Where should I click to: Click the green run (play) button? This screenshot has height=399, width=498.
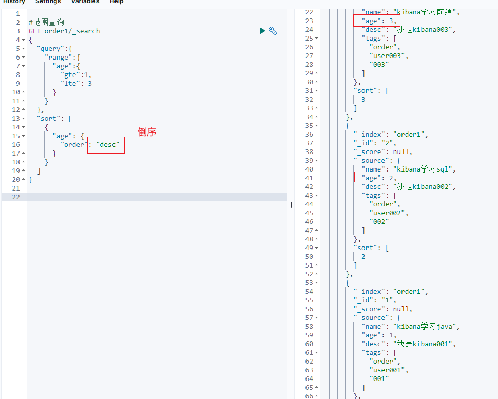click(x=262, y=31)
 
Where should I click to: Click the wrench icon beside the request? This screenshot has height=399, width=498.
click(x=273, y=31)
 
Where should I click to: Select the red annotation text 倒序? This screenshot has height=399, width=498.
click(x=147, y=132)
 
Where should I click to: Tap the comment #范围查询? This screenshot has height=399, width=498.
click(x=46, y=23)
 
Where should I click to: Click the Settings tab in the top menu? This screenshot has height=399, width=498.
click(x=48, y=2)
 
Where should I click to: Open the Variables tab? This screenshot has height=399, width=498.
click(x=85, y=2)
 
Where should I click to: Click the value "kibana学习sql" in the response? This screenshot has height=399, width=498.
click(x=425, y=169)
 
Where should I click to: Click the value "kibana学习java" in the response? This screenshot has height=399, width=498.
click(x=427, y=327)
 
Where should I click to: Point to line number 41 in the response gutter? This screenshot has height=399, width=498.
click(x=309, y=178)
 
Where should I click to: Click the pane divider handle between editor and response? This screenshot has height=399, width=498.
click(x=291, y=204)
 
